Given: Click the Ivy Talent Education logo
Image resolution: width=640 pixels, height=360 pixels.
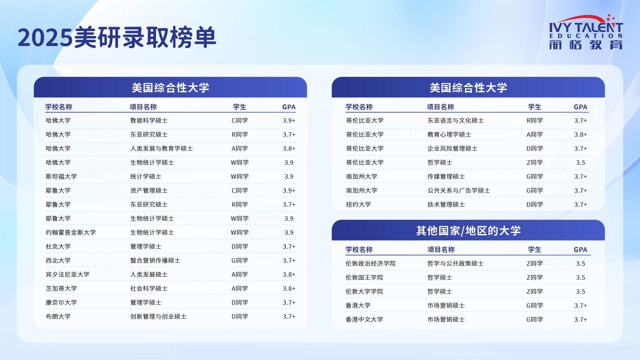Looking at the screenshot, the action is click(x=586, y=32).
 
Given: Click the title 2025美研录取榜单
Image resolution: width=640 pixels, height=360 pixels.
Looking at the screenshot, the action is click(x=117, y=37).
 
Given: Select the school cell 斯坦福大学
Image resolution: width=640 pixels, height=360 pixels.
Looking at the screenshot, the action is click(x=61, y=176).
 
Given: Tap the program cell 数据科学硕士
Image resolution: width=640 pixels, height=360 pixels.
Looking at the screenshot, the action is click(x=149, y=120).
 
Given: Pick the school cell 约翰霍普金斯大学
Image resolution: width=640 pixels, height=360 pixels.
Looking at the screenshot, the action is click(x=71, y=232).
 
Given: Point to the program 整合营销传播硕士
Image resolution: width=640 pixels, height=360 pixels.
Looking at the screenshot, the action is click(x=155, y=260).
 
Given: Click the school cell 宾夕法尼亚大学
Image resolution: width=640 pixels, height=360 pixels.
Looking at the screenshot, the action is click(x=68, y=274).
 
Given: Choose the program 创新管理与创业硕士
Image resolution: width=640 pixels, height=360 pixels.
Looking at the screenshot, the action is click(x=158, y=316).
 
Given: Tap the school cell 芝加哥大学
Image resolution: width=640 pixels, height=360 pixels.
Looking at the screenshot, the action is click(x=61, y=288).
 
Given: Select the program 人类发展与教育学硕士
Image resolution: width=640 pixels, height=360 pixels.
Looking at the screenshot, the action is click(x=162, y=148).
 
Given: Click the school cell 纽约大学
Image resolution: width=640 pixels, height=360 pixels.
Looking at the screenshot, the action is click(x=358, y=204).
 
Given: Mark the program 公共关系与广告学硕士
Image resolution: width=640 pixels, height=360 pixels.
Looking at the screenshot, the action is click(x=459, y=190).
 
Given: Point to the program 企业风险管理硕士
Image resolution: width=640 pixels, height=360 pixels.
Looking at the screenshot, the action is click(x=452, y=148).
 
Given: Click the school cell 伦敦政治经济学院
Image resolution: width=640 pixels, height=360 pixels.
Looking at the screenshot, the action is click(x=371, y=263).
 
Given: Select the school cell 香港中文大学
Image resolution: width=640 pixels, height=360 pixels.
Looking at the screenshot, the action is click(x=364, y=319).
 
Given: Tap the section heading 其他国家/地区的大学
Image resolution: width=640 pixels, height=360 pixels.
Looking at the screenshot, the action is click(x=468, y=231).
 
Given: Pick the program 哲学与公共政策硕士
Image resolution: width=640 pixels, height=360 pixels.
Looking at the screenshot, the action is click(x=455, y=263).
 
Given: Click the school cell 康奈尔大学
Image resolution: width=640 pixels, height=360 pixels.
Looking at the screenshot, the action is click(x=61, y=302).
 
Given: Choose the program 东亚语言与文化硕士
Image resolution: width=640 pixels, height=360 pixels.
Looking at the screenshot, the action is click(x=455, y=120).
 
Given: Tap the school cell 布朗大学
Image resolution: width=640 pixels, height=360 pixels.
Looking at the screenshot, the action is click(x=58, y=316).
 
